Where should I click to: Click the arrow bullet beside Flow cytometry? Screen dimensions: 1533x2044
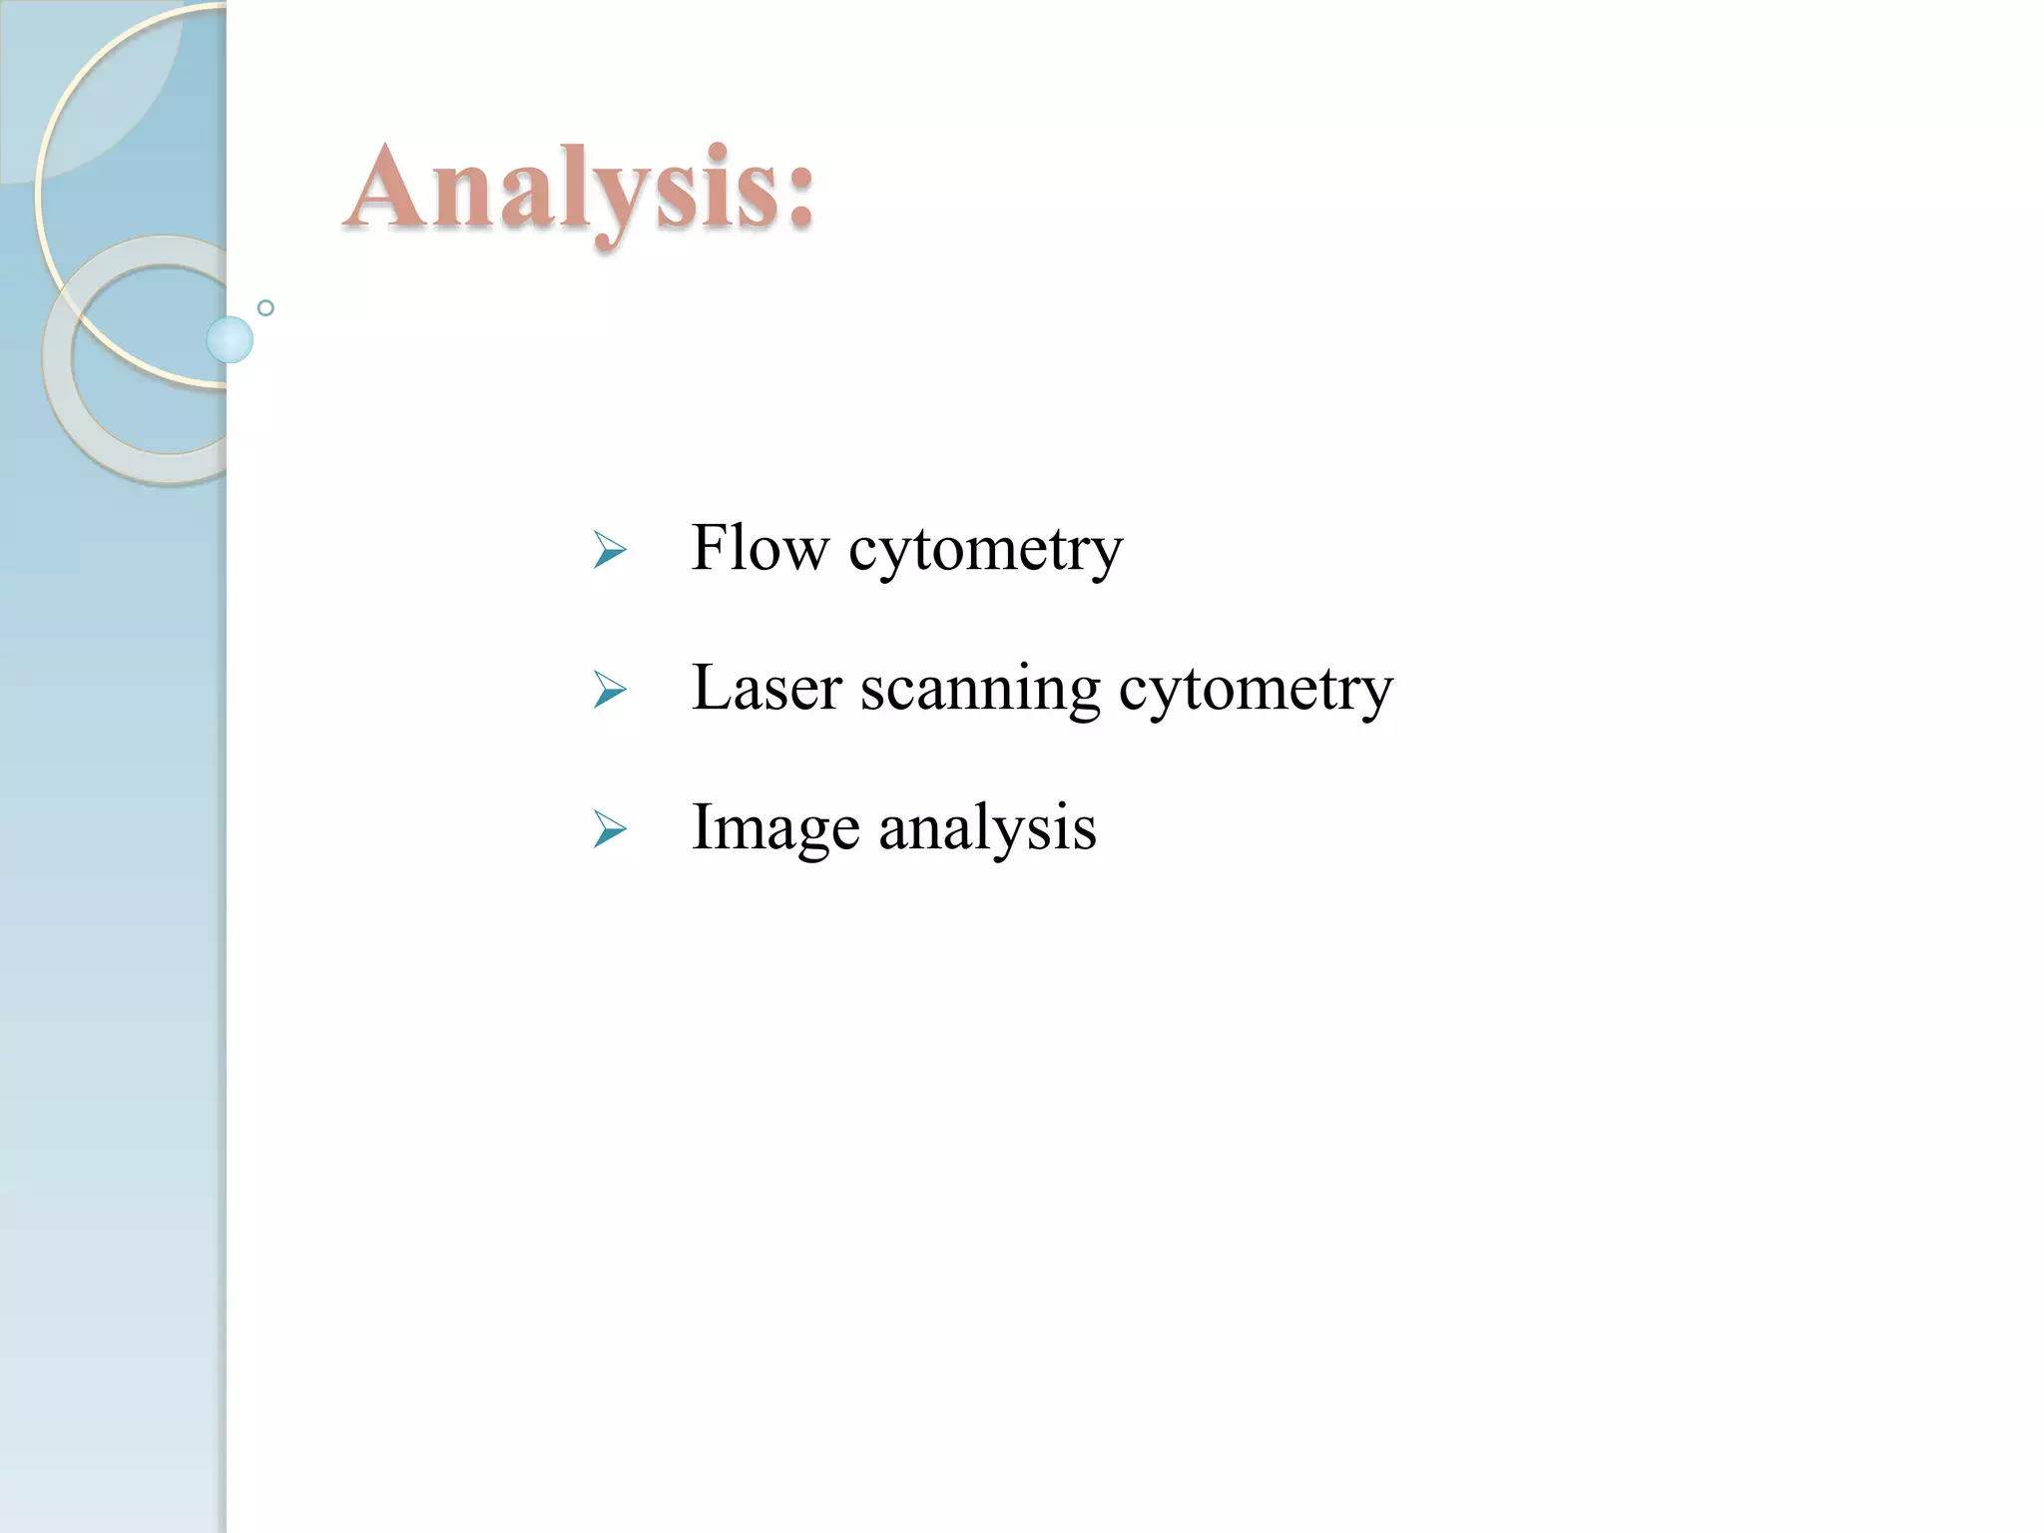pos(609,550)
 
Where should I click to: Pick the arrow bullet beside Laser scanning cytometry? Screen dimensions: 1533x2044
pos(609,690)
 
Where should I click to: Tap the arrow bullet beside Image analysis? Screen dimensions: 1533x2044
pos(609,829)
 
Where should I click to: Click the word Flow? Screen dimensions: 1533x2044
pos(760,548)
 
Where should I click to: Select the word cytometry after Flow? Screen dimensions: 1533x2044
pos(985,551)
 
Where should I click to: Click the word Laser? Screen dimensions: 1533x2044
pos(766,688)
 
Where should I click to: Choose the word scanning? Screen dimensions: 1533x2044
pos(980,691)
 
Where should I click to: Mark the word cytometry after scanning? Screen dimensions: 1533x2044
pos(1256,691)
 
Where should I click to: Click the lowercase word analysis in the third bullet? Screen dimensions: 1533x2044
pos(987,829)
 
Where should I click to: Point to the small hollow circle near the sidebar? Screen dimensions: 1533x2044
pos(265,308)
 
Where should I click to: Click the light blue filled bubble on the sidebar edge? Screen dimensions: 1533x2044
pos(230,339)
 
